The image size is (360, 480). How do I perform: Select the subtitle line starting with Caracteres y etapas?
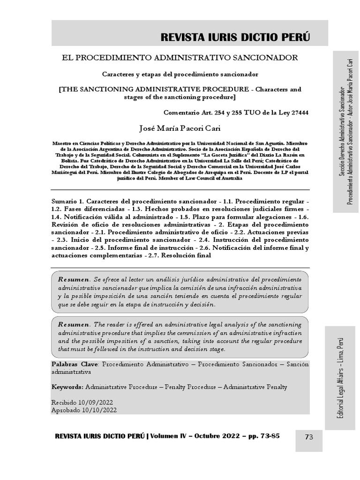tap(180, 74)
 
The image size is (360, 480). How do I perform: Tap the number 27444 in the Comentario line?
tap(300, 112)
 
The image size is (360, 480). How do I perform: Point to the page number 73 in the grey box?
tap(309, 437)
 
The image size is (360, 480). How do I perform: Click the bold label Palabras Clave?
tap(74, 364)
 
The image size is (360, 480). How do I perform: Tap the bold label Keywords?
tap(67, 387)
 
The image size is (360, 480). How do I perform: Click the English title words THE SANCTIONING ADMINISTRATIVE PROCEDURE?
tap(152, 89)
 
